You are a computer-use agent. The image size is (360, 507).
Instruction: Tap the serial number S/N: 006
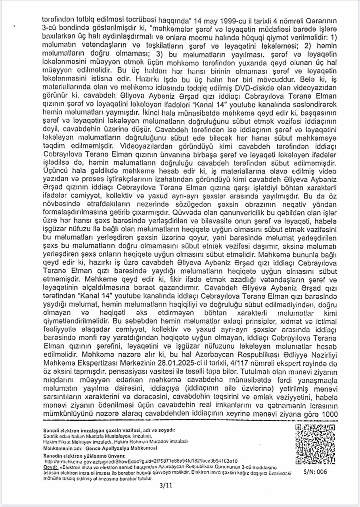pyautogui.click(x=315, y=472)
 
